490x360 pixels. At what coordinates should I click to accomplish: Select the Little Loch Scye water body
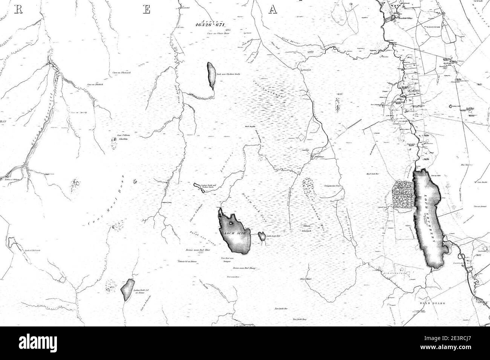coord(261,237)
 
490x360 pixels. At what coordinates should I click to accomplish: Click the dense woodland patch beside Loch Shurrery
coord(403,194)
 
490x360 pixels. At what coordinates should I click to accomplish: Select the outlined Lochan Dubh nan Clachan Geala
coord(198,187)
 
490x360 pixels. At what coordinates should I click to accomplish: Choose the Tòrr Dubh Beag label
coord(300,320)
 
